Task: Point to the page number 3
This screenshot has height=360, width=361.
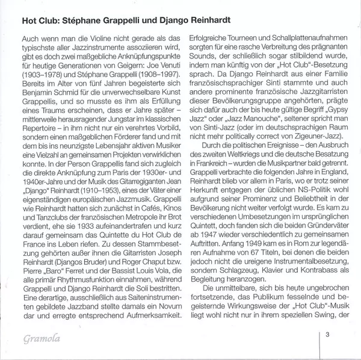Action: coord(327,334)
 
